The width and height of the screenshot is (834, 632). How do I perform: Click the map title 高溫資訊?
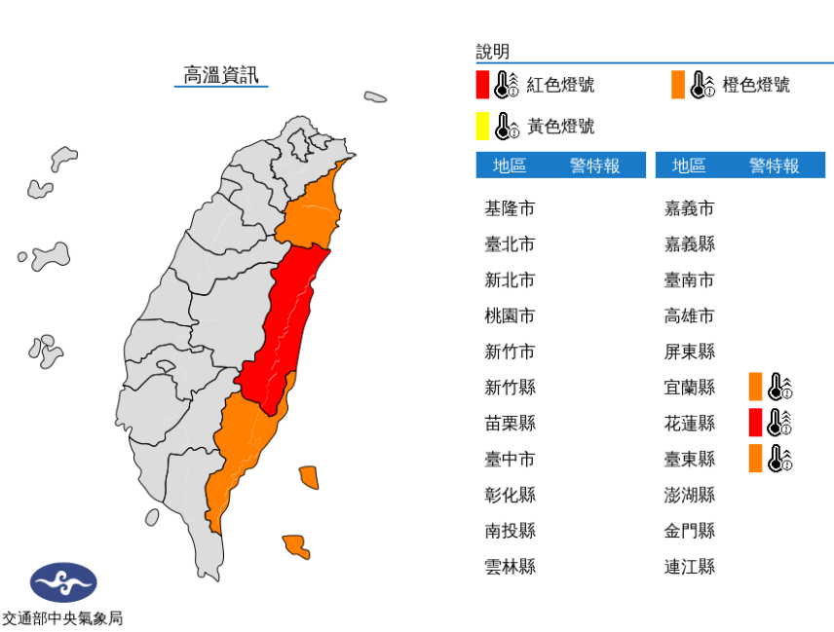pos(221,75)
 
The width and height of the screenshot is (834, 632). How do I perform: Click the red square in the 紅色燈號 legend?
pos(482,85)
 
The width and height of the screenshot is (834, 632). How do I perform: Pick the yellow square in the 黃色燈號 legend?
pos(482,126)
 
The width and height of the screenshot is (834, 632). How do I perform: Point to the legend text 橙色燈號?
pos(756,85)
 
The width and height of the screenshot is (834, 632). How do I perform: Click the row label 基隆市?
pos(510,208)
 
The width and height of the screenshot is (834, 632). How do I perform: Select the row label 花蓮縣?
pos(690,423)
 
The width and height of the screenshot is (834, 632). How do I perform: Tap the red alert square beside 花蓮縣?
pos(755,423)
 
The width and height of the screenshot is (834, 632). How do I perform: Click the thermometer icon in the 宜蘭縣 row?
pos(779,387)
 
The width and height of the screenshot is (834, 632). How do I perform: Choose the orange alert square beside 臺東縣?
pos(755,458)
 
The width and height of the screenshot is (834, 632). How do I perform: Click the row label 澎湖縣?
pos(690,495)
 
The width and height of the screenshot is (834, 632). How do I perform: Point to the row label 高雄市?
pos(690,316)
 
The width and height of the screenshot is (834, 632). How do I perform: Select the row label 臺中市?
pos(510,459)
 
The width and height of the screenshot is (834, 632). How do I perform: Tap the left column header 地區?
pos(510,166)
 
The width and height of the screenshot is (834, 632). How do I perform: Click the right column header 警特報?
pos(774,166)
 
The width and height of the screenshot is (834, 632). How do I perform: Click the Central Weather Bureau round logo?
pos(63,583)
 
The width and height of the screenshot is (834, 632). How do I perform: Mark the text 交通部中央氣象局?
pos(62,617)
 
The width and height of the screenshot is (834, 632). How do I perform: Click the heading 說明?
pos(492,52)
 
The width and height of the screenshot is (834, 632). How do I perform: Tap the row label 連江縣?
pos(690,566)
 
